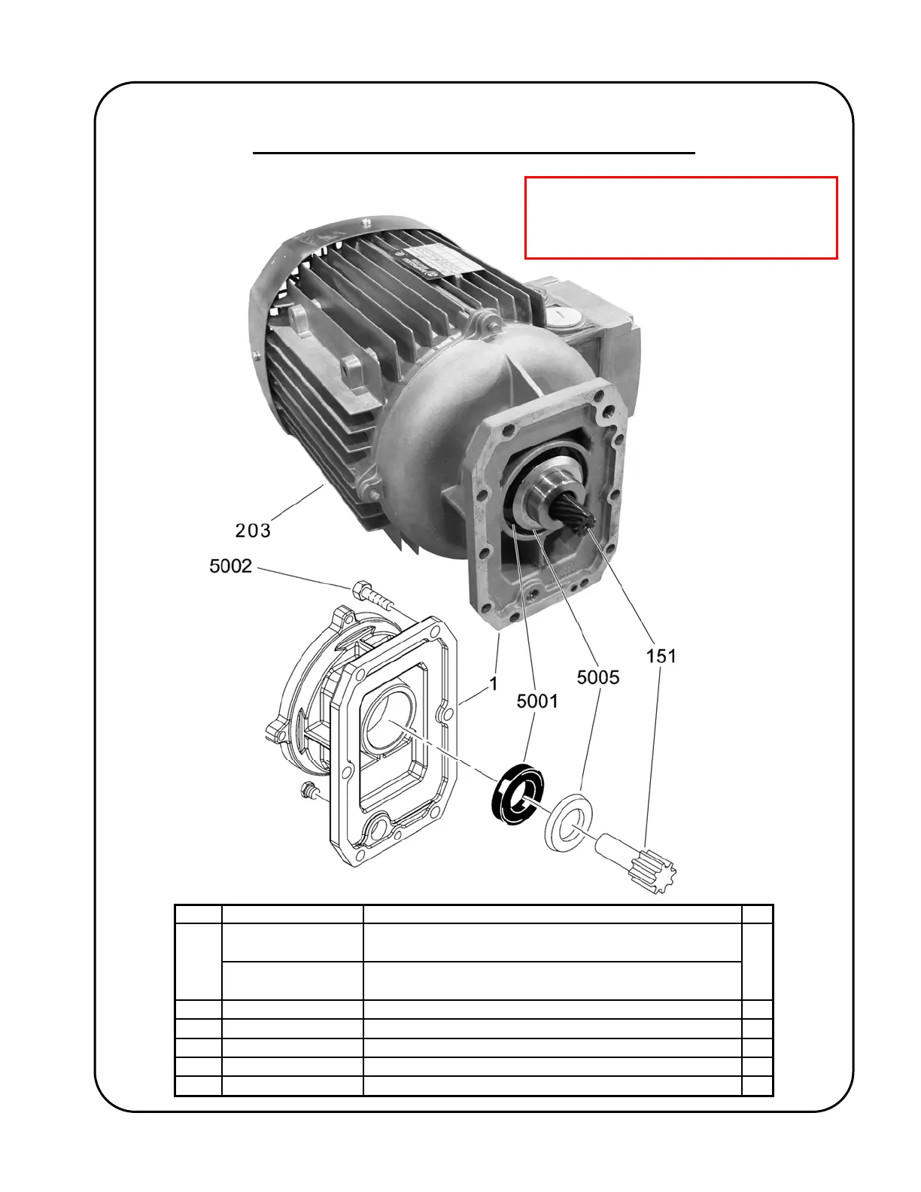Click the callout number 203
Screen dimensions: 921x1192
coord(253,531)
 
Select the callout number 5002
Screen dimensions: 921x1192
coord(230,566)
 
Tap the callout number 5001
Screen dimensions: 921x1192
coord(537,701)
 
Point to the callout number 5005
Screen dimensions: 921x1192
coord(598,677)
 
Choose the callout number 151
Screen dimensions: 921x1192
coord(661,656)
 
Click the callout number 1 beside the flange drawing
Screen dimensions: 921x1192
coord(494,684)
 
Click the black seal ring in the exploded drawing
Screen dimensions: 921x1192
coord(517,793)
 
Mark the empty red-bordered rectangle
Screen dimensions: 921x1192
coord(681,218)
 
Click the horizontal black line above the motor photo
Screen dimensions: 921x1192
coord(473,153)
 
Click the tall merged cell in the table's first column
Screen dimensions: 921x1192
coord(199,962)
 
